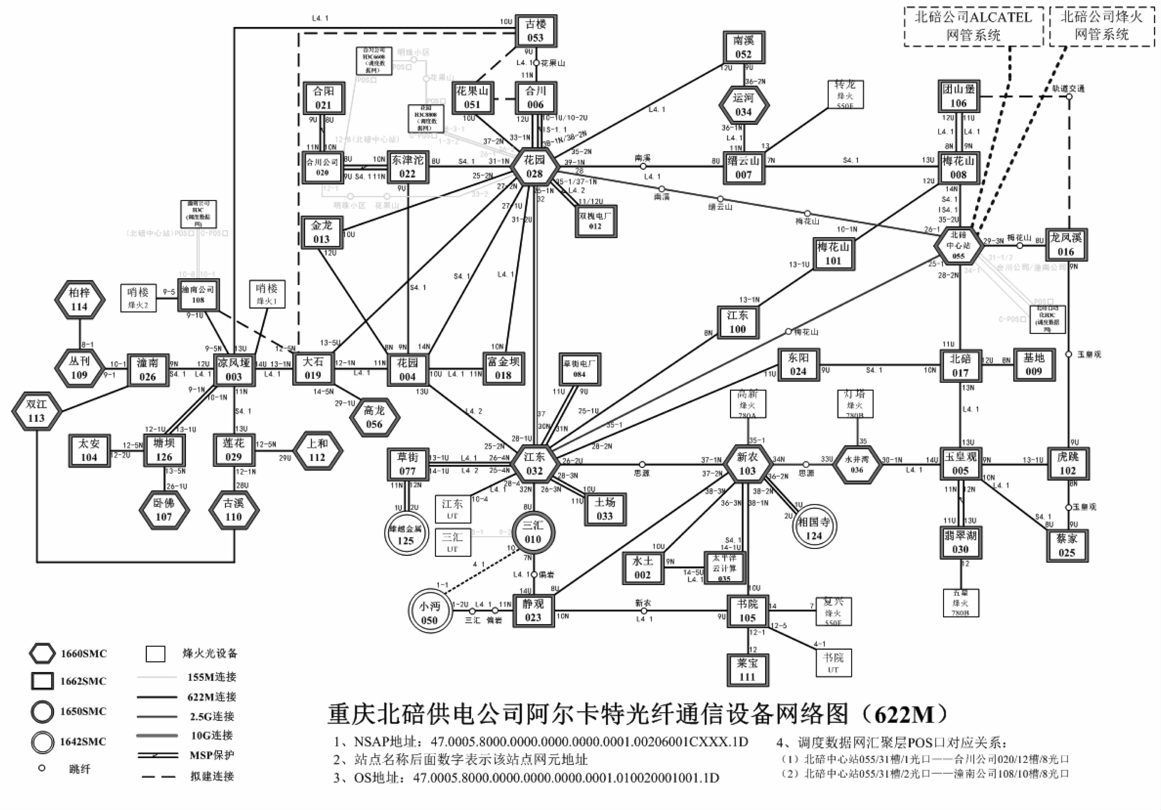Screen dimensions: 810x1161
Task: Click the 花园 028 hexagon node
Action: click(534, 167)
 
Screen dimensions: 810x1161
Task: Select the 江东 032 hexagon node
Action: click(534, 464)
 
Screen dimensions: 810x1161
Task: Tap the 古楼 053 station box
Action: click(535, 31)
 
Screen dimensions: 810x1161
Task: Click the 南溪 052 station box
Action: click(743, 47)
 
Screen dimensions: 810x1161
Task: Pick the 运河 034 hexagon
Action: click(743, 105)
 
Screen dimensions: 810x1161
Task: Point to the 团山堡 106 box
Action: click(958, 96)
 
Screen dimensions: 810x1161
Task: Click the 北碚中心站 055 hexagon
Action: click(958, 245)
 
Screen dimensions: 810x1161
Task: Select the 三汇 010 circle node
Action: click(533, 532)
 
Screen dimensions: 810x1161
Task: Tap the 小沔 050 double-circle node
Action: click(429, 613)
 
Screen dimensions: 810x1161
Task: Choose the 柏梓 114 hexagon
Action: click(79, 300)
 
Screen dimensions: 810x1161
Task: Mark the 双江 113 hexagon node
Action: click(36, 411)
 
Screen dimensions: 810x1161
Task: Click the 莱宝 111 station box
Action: click(747, 670)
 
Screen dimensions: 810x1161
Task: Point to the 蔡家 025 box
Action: click(1067, 545)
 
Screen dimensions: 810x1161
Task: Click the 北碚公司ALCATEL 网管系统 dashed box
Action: click(973, 26)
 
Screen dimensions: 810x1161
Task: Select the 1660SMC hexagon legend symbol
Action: click(42, 654)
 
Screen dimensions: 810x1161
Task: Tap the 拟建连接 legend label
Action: click(212, 776)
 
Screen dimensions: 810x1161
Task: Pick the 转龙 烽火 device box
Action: click(845, 94)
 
